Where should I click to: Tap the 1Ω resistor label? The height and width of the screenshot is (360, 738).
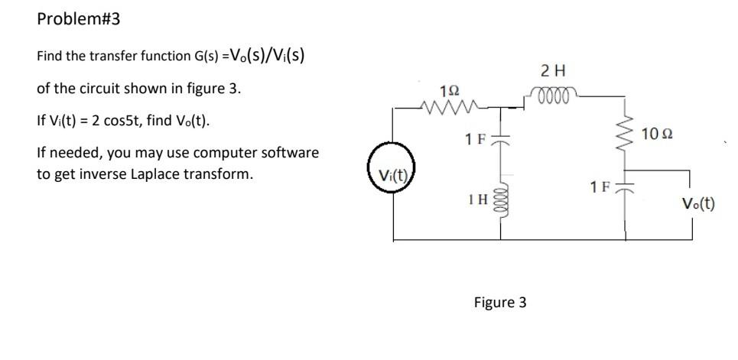click(x=449, y=89)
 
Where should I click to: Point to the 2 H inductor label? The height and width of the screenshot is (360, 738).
click(x=552, y=72)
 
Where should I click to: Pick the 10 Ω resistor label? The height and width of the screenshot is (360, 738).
click(x=659, y=135)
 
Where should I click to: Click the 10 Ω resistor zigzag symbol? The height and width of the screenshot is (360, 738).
click(x=626, y=135)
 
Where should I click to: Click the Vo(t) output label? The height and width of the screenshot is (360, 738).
click(x=698, y=203)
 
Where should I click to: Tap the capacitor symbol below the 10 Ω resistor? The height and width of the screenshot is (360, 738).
click(x=626, y=189)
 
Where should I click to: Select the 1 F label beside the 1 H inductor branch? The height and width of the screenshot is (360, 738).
click(x=475, y=141)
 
